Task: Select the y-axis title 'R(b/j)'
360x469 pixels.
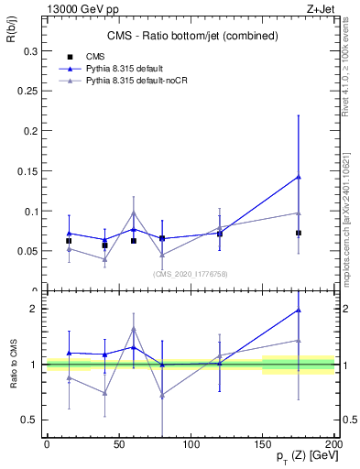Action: click(x=16, y=34)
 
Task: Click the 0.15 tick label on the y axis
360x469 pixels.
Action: click(x=28, y=172)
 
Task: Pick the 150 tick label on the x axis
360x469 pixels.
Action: click(x=263, y=444)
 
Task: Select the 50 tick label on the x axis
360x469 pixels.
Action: click(x=119, y=444)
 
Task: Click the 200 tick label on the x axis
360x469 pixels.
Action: click(x=334, y=444)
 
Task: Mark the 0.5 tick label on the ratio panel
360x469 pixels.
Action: click(x=30, y=420)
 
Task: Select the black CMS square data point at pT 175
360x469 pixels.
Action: click(x=299, y=233)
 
